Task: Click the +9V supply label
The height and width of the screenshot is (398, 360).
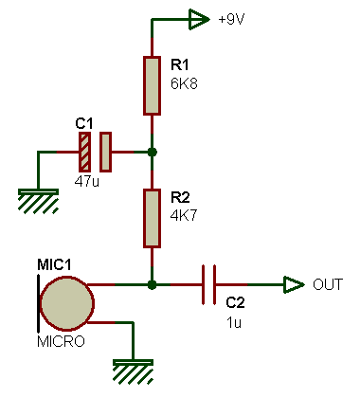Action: [231, 18]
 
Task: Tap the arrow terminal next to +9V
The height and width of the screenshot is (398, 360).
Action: [198, 18]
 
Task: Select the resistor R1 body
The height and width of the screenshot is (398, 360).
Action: [152, 85]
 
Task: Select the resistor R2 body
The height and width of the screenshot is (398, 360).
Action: [152, 217]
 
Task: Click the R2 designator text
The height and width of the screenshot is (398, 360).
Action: [179, 198]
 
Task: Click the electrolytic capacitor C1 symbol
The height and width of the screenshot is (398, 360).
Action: [95, 152]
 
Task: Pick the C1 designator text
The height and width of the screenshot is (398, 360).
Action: [83, 123]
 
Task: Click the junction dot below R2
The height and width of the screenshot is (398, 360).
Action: [152, 283]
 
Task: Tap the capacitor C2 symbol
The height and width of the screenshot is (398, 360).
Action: [213, 283]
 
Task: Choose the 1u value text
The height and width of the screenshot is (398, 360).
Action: [233, 322]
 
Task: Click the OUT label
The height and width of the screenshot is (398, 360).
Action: [328, 284]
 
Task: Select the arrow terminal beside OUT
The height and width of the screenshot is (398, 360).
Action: [294, 283]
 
